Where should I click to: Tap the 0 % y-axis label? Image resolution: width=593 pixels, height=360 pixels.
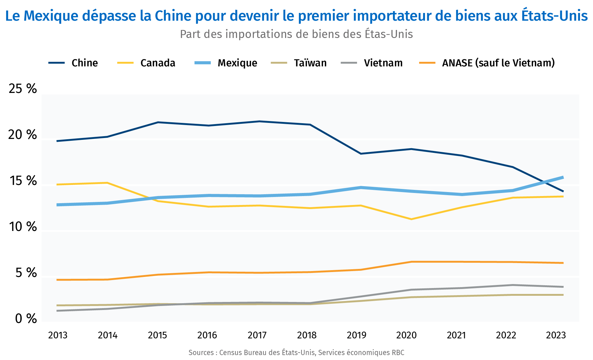coord(26,319)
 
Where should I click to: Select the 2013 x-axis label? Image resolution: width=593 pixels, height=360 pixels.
coord(58,335)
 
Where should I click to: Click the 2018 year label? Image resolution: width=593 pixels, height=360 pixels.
coord(307,335)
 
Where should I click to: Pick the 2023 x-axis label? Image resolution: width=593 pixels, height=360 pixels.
coord(556,335)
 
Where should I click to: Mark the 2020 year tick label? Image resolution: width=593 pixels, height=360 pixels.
coord(406,335)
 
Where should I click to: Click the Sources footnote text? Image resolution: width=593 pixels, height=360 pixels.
coord(296,353)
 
